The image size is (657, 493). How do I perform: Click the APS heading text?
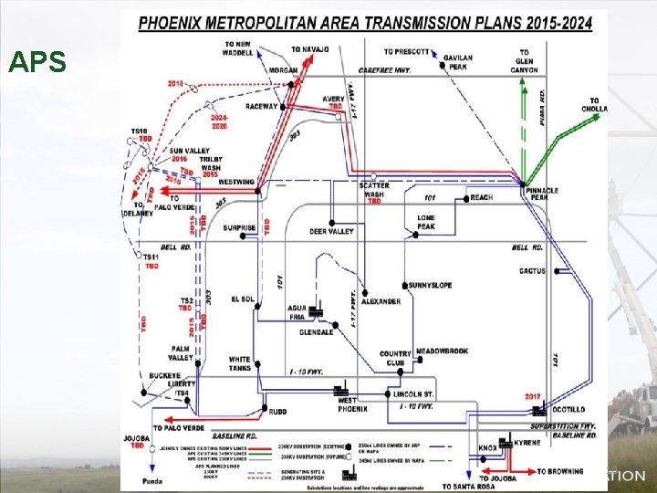pos(37,62)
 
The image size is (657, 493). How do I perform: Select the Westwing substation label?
pos(236,182)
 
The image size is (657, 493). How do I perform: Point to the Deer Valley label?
pos(331,232)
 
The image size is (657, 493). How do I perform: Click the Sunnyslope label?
pos(430,286)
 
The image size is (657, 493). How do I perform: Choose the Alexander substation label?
pos(381,301)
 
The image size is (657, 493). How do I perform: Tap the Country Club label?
pos(395,359)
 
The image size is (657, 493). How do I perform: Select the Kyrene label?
pos(527,442)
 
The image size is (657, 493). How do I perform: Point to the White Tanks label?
pos(239,363)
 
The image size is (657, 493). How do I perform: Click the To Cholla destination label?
pos(595,105)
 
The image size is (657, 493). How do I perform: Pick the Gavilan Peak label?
pos(458,62)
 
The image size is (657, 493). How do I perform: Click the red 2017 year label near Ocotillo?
pos(534,396)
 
